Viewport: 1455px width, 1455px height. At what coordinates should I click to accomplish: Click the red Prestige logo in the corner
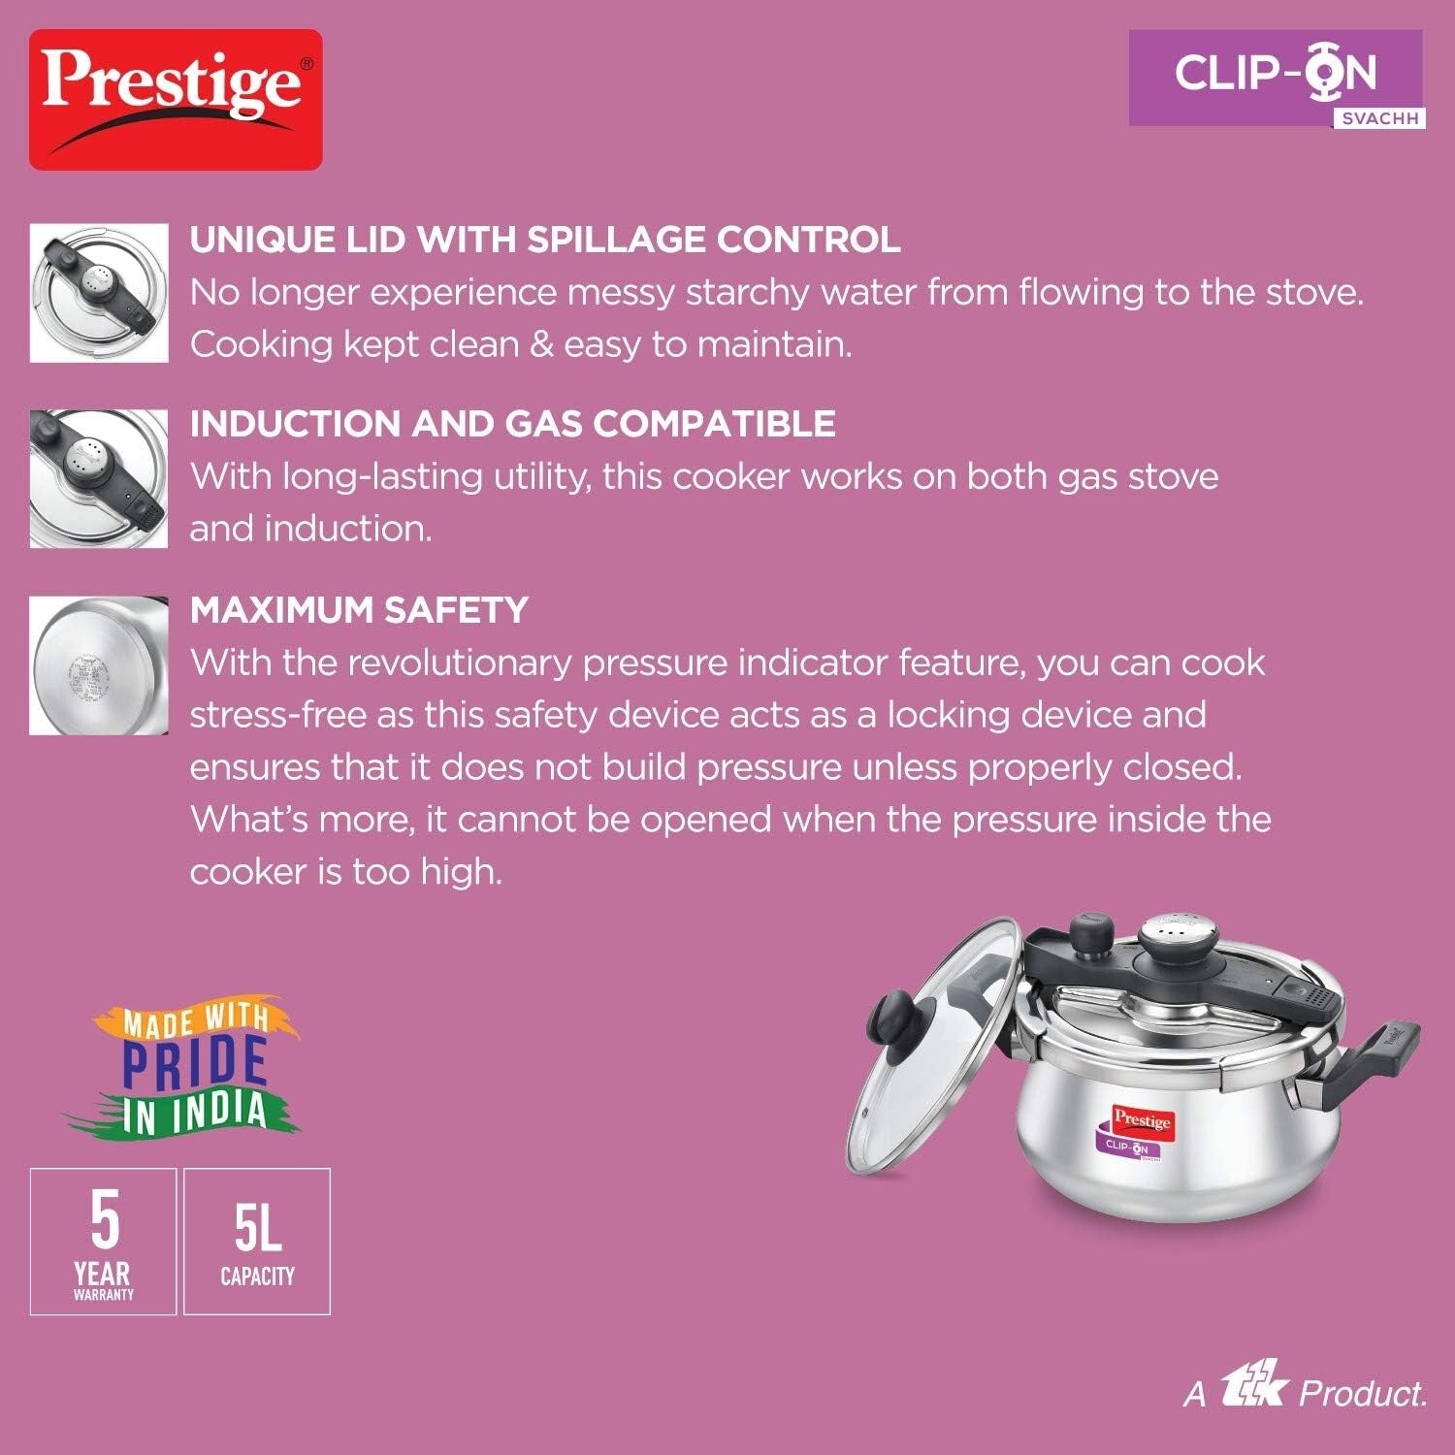[x=176, y=99]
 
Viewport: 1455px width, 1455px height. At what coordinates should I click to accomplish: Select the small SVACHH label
[x=1378, y=118]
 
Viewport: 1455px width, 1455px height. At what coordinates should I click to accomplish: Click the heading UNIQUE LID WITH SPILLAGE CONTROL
[x=545, y=240]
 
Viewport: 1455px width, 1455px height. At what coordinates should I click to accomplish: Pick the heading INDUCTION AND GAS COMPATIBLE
[x=512, y=424]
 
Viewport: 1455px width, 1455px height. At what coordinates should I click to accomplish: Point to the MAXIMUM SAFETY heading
[x=359, y=610]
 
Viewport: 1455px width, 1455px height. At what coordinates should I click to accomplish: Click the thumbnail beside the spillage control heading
[x=99, y=293]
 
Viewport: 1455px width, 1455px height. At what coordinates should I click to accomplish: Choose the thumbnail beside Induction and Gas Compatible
[x=99, y=478]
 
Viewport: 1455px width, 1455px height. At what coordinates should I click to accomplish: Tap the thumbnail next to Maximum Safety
[x=99, y=665]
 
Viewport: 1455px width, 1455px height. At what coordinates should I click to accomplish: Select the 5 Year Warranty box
[x=103, y=1242]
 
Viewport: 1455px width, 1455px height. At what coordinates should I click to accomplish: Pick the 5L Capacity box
[x=257, y=1242]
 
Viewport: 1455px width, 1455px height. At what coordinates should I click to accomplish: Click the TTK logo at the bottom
[x=1253, y=1392]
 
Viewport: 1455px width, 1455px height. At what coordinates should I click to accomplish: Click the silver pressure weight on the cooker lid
[x=1161, y=939]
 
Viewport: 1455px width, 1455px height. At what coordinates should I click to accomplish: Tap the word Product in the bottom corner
[x=1362, y=1394]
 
